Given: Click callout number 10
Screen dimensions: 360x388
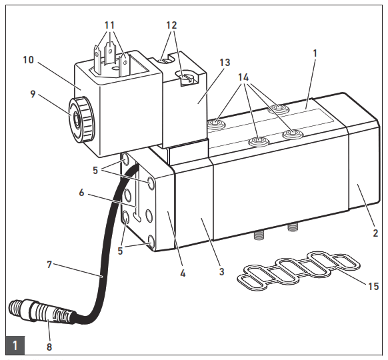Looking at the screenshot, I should click(27, 59).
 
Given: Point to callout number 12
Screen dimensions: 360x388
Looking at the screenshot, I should click(172, 25).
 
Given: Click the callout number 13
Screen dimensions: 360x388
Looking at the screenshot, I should click(225, 63).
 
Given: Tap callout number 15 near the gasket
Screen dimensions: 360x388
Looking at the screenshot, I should click(373, 287).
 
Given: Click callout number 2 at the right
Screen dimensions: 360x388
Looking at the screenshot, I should click(375, 233).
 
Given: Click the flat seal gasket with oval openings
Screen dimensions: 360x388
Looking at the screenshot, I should click(300, 270).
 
